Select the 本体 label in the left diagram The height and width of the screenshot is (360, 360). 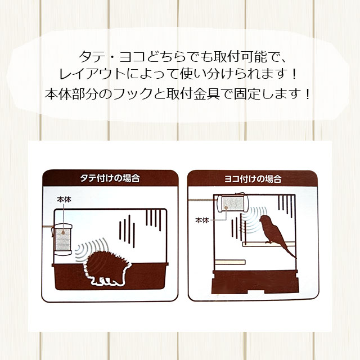coord(64,199)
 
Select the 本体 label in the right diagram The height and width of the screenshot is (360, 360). coord(202,220)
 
